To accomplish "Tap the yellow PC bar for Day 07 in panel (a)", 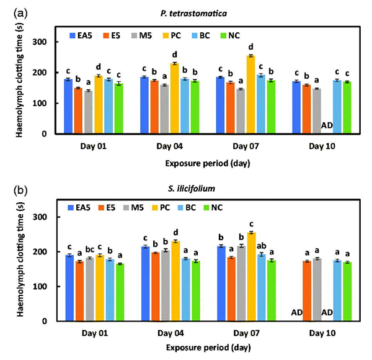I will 250,94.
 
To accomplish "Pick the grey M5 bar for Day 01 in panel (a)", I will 88,112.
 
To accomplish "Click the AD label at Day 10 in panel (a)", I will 327,125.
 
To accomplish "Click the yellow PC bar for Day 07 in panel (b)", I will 250,277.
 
